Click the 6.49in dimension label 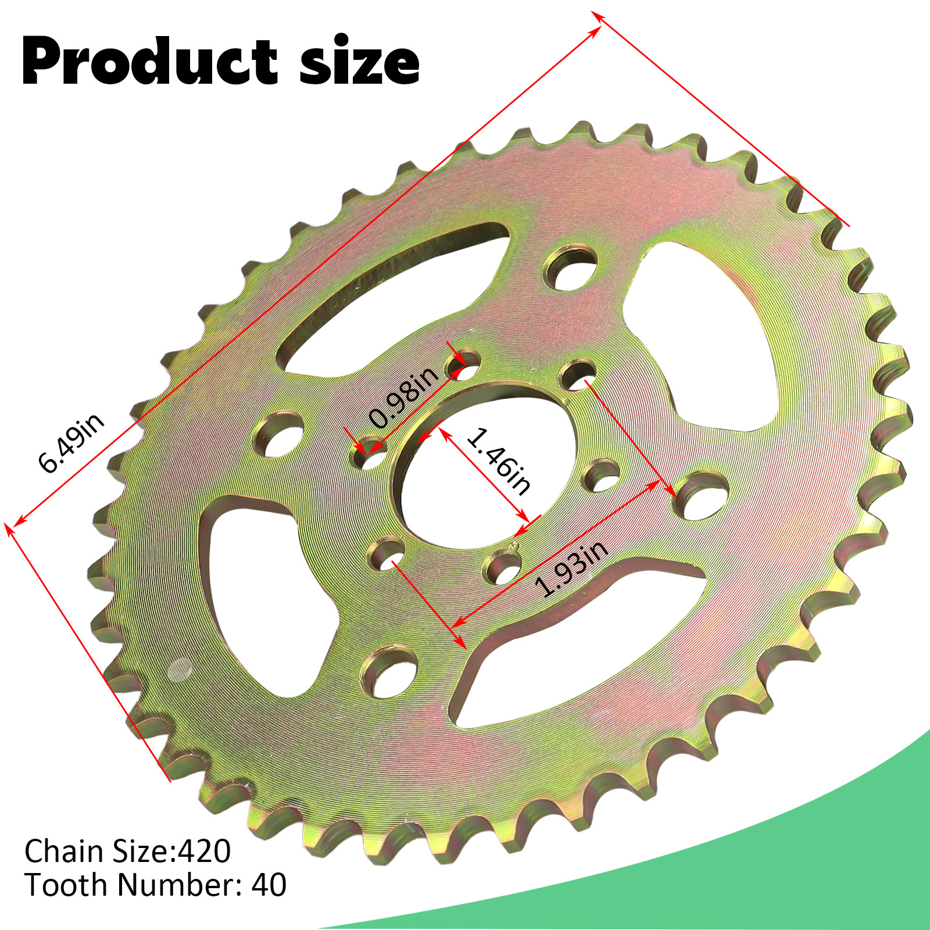(x=71, y=443)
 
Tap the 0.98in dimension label (x=403, y=398)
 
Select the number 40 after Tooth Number (x=269, y=885)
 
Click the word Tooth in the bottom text (x=66, y=885)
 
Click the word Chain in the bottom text (x=64, y=852)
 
